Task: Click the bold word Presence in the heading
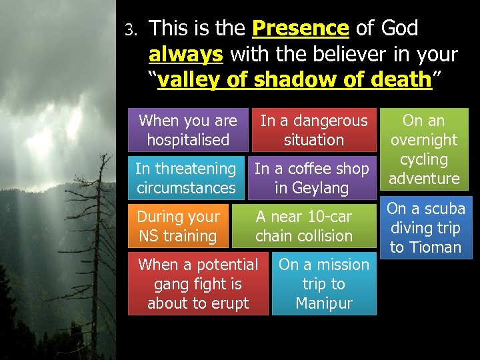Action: [301, 29]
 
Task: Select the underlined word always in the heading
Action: [185, 54]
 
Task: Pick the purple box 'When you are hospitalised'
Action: [188, 130]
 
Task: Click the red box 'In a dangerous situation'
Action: [314, 130]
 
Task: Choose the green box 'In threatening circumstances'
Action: [186, 178]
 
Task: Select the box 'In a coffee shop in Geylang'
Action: [311, 178]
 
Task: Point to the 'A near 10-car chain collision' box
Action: [304, 226]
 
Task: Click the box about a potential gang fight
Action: [198, 283]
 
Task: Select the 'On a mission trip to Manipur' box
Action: [324, 283]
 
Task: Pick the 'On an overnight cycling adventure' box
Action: [424, 149]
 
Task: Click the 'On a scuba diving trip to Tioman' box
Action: [426, 227]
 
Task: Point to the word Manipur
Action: [323, 303]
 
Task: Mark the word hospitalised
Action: [188, 140]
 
